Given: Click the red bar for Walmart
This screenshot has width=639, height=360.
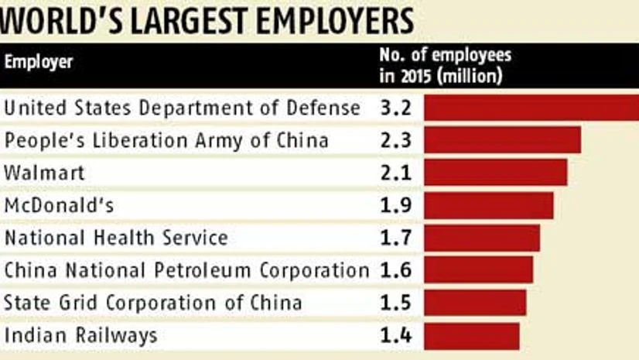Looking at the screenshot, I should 495,172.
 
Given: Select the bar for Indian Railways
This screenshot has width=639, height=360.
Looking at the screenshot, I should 472,335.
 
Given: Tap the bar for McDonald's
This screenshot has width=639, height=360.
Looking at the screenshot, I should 489,205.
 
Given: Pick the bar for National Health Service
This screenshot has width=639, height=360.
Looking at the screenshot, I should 482,238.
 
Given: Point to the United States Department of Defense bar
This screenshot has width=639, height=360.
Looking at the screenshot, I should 531,107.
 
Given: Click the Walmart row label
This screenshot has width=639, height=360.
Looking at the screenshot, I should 44,172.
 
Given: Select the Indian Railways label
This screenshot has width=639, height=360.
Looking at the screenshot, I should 81,335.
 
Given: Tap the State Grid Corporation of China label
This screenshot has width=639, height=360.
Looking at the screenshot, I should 152,303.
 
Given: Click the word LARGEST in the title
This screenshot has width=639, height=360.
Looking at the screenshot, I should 186,20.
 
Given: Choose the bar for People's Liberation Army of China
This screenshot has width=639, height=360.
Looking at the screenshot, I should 502,139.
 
